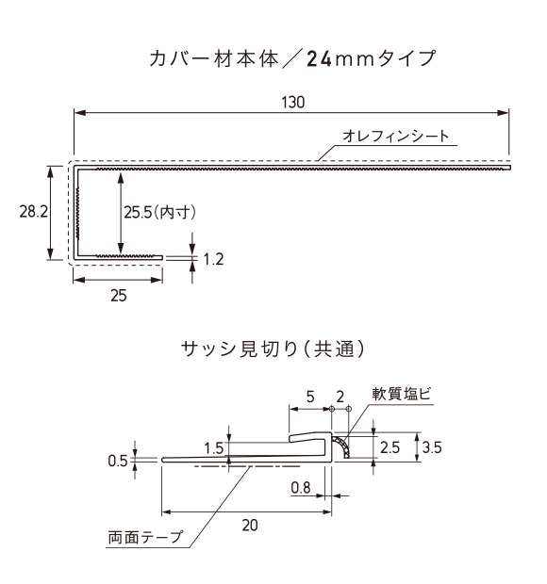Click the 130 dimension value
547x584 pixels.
pyautogui.click(x=293, y=102)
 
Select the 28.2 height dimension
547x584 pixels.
pyautogui.click(x=34, y=212)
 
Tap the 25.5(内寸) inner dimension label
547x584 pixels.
pyautogui.click(x=160, y=213)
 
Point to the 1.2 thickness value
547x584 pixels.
pyautogui.click(x=213, y=259)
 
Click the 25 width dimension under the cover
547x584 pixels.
pyautogui.click(x=119, y=296)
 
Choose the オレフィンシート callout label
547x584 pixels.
pyautogui.click(x=396, y=136)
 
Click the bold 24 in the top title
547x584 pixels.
pyautogui.click(x=319, y=58)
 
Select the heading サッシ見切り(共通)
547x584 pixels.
pyautogui.click(x=273, y=349)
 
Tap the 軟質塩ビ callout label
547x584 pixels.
pyautogui.click(x=402, y=394)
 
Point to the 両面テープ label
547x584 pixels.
pyautogui.click(x=146, y=537)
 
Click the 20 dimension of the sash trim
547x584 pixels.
pyautogui.click(x=250, y=526)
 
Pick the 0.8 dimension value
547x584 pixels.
pyautogui.click(x=301, y=488)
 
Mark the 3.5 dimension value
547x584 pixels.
pyautogui.click(x=432, y=447)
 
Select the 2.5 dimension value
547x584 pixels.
pyautogui.click(x=390, y=447)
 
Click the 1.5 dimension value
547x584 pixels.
pyautogui.click(x=214, y=448)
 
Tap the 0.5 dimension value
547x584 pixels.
pyautogui.click(x=118, y=462)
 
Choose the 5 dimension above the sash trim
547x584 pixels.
pyautogui.click(x=310, y=397)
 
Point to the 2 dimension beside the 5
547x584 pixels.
pyautogui.click(x=340, y=397)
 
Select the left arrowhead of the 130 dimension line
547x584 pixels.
pyautogui.click(x=80, y=112)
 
